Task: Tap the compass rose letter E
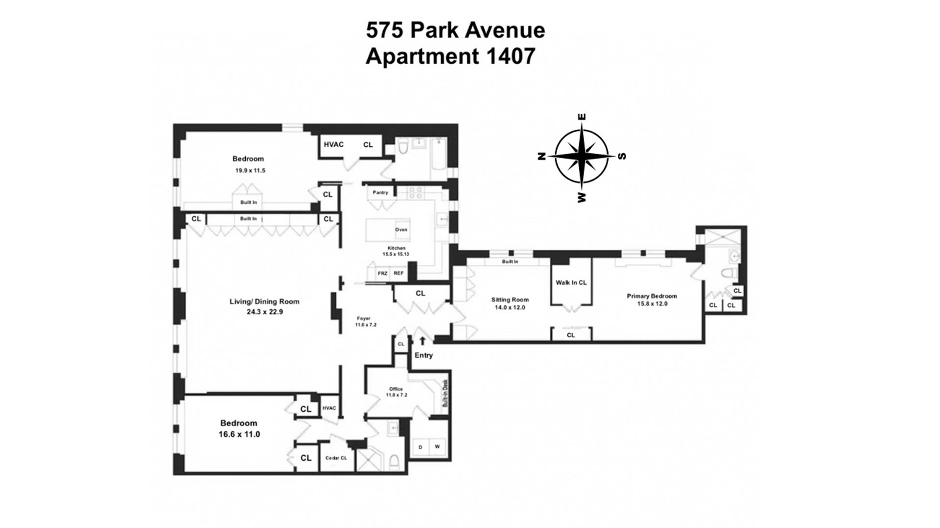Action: click(582, 117)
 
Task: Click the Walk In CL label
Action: click(571, 282)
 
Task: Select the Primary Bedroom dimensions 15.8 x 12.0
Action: click(652, 304)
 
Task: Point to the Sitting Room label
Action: click(510, 299)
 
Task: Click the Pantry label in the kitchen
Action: click(380, 192)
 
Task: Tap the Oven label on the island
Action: click(401, 230)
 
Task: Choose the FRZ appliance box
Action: click(382, 273)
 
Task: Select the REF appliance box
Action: click(399, 273)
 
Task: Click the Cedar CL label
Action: click(336, 458)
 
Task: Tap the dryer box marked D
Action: click(420, 447)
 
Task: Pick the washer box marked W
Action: click(437, 447)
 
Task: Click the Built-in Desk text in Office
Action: click(445, 395)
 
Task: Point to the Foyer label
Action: click(363, 318)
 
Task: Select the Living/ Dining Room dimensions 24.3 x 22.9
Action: click(264, 311)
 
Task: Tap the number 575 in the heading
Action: click(385, 30)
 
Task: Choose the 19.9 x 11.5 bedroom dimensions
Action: click(250, 171)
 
